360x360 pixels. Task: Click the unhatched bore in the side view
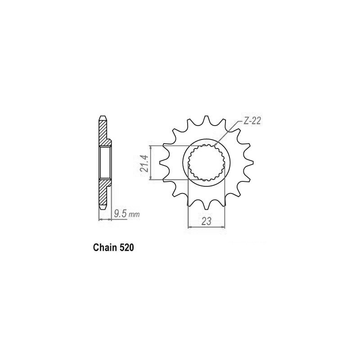click(x=105, y=162)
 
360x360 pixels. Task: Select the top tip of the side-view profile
click(x=102, y=118)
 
